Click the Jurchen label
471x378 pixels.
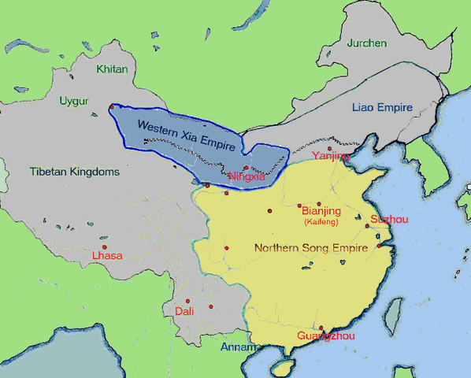point(366,43)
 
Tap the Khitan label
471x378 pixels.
point(111,69)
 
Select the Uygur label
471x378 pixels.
point(74,101)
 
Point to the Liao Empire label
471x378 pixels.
point(382,107)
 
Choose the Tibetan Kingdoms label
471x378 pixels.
point(75,171)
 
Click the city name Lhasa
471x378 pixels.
point(107,256)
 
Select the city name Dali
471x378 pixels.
point(184,311)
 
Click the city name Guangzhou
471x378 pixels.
point(326,337)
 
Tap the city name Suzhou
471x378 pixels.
point(389,218)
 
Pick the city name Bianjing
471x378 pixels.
point(321,211)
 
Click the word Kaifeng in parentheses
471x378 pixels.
point(321,223)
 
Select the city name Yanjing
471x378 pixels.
point(330,156)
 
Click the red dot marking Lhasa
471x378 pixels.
point(104,247)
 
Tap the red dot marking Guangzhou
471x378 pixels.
point(321,328)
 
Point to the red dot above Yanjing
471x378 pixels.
point(329,148)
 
